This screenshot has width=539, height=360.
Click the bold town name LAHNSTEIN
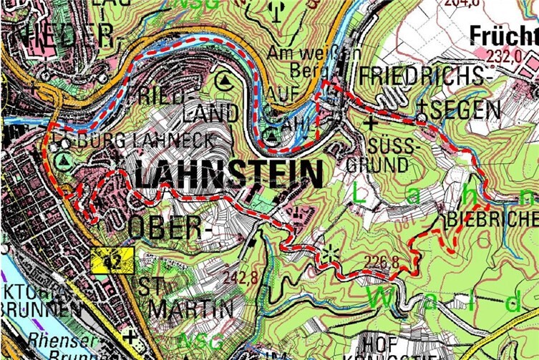point(228,175)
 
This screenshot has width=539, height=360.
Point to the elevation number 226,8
point(382,262)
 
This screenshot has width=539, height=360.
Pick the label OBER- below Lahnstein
point(167,228)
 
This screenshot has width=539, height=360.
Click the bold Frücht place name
point(504,35)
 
